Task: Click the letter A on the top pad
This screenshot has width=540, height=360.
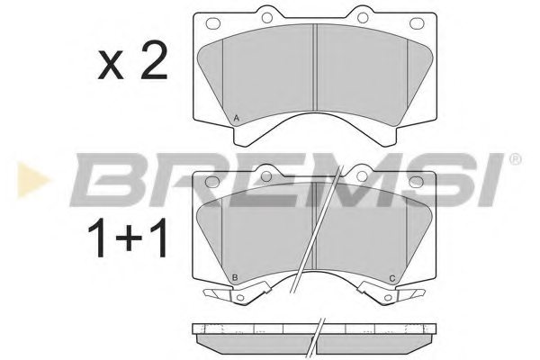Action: pyautogui.click(x=236, y=119)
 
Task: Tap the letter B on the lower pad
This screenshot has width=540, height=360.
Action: pyautogui.click(x=236, y=277)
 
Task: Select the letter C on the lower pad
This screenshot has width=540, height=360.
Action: pyautogui.click(x=391, y=277)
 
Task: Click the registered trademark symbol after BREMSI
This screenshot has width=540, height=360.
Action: pyautogui.click(x=514, y=160)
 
